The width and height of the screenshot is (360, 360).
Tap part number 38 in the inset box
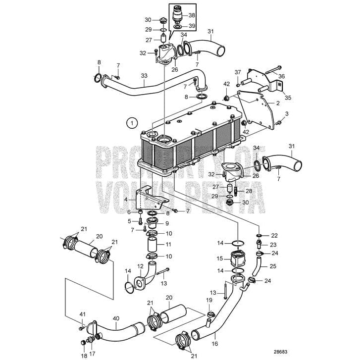[192, 15]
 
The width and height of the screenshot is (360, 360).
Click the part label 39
[192, 26]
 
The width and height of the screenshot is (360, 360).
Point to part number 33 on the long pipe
[144, 76]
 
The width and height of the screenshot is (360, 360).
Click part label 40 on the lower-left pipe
[116, 319]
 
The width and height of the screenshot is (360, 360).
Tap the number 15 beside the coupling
[220, 258]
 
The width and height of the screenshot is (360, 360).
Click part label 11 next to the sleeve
[169, 245]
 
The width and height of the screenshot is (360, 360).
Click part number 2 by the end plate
[278, 103]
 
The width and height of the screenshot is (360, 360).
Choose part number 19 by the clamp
[208, 300]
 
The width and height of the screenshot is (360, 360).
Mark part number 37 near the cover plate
[238, 72]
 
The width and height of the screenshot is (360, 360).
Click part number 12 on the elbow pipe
[141, 266]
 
